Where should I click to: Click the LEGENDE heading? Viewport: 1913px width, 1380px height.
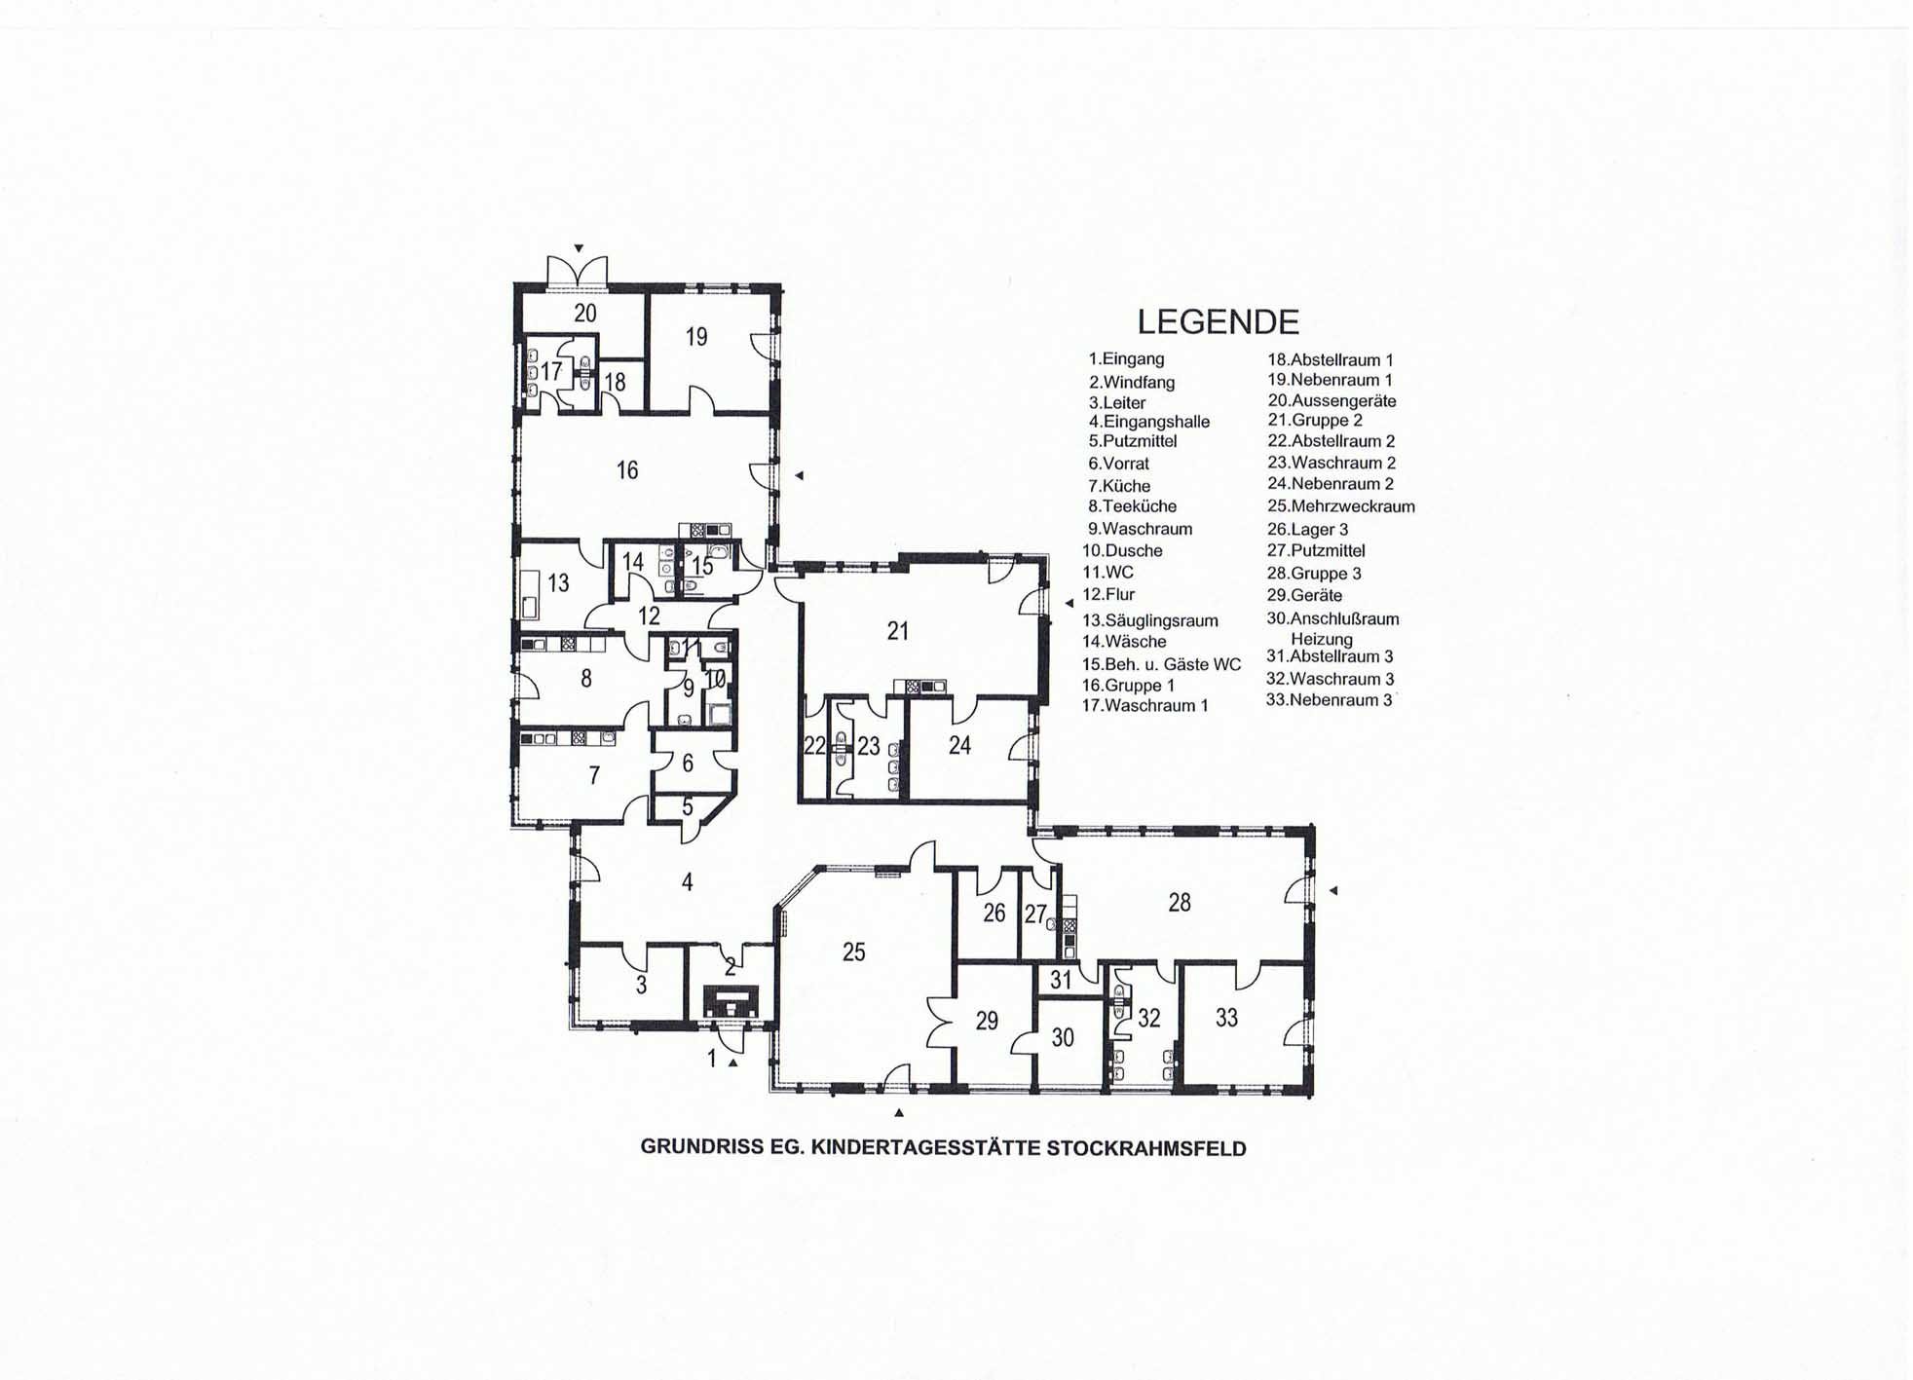tap(1218, 321)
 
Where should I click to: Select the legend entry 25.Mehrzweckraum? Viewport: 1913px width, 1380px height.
tap(1341, 506)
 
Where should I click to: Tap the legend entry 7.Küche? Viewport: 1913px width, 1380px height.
tap(1119, 486)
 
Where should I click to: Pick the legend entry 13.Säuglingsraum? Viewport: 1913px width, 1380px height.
tap(1150, 620)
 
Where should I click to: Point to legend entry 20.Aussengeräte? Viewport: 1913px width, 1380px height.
tap(1332, 400)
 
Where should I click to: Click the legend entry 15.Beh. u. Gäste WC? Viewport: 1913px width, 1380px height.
tap(1162, 664)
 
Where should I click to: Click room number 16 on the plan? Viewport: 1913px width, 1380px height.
tap(627, 470)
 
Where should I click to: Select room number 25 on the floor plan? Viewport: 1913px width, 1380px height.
tap(853, 951)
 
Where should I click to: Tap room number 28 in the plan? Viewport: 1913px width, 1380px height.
tap(1180, 903)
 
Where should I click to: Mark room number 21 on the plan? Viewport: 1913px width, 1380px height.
tap(898, 631)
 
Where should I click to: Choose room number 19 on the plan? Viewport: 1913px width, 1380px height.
tap(696, 337)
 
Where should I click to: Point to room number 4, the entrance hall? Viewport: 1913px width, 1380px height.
tap(688, 882)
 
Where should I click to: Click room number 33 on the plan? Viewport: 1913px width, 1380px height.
tap(1226, 1018)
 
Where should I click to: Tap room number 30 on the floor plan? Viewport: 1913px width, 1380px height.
tap(1063, 1037)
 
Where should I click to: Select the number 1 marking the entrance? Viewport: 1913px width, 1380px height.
tap(712, 1058)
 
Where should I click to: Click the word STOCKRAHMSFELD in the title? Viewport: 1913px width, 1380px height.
tap(1146, 1148)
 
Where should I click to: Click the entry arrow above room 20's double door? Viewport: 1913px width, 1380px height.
tap(579, 248)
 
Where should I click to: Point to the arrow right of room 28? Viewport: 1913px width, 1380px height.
tap(1334, 890)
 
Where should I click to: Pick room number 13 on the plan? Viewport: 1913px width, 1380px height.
tap(558, 583)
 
